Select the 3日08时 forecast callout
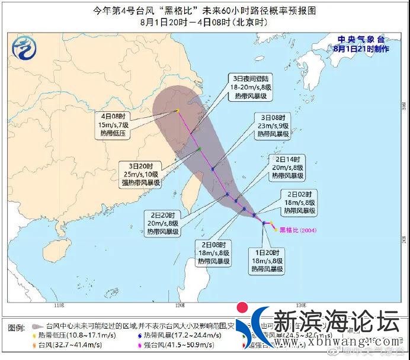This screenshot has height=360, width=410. (273, 126)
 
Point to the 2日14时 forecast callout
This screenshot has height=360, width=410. (289, 168)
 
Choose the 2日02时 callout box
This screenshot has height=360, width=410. (299, 202)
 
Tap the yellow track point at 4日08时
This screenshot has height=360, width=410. (177, 111)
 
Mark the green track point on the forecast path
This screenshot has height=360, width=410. (200, 148)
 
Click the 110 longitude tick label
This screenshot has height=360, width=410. (57, 306)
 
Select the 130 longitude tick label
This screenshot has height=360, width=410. (300, 306)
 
